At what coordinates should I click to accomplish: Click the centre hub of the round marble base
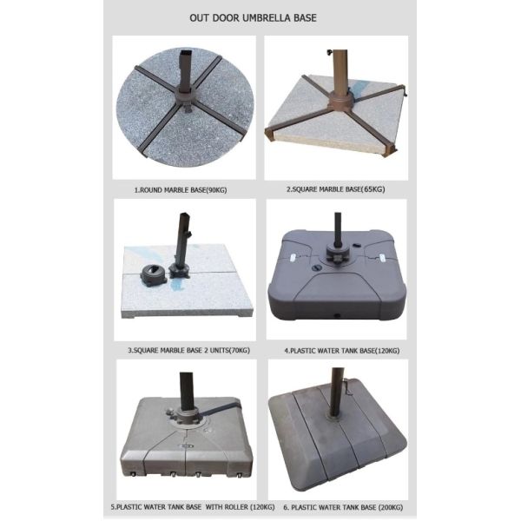pos(185,95)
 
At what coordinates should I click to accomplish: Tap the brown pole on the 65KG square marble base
pos(340,69)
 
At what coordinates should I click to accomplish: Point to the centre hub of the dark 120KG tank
pos(335,253)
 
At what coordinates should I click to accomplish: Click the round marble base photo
pos(185,104)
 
